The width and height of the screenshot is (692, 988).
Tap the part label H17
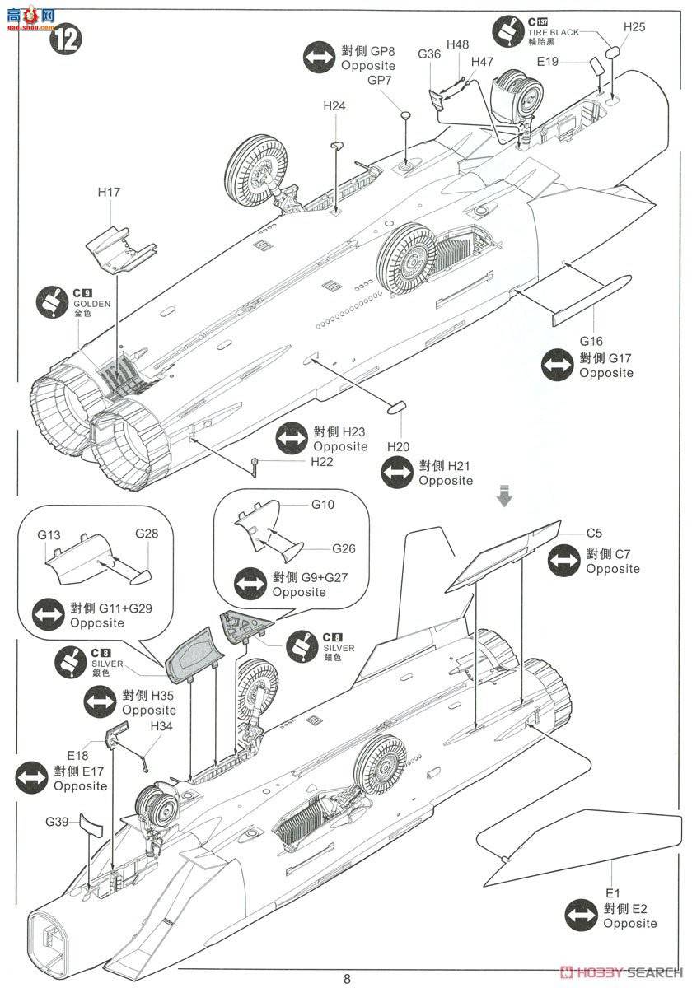click(x=109, y=193)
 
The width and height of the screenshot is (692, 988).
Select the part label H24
click(x=334, y=106)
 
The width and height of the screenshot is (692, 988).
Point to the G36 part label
click(x=429, y=54)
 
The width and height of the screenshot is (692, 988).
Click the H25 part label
click(x=634, y=26)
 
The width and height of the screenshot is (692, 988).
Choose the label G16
click(x=591, y=341)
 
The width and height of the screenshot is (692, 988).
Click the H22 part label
click(x=322, y=461)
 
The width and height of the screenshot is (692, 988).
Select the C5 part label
click(x=595, y=532)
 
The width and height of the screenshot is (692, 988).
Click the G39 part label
click(x=57, y=821)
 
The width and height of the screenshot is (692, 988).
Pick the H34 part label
click(x=161, y=726)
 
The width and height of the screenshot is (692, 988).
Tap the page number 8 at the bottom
click(x=347, y=979)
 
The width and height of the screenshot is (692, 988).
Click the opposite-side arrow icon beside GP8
click(x=319, y=58)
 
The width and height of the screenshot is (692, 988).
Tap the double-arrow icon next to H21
click(x=398, y=473)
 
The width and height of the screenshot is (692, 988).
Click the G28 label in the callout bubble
click(x=147, y=534)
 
